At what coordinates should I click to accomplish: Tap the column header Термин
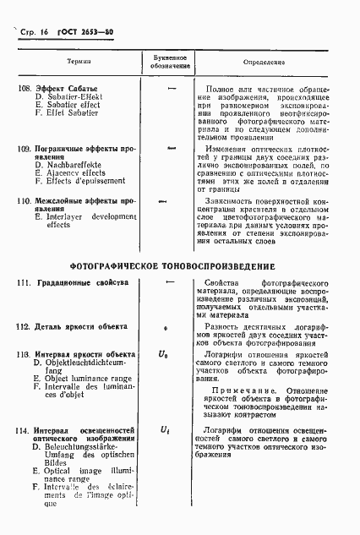click(x=79, y=63)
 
